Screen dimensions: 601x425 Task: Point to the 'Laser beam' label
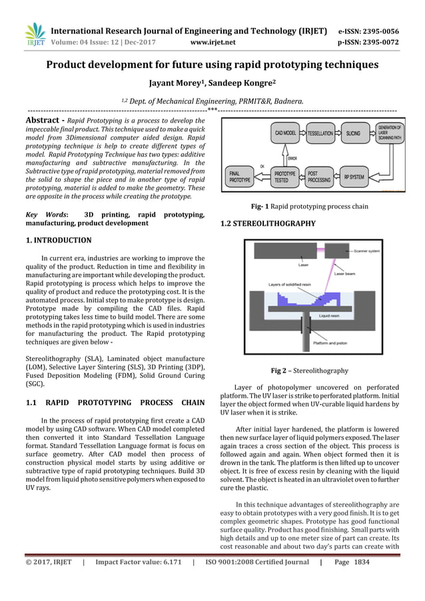[x=344, y=274]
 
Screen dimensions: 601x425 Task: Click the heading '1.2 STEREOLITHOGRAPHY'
[x=267, y=224]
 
